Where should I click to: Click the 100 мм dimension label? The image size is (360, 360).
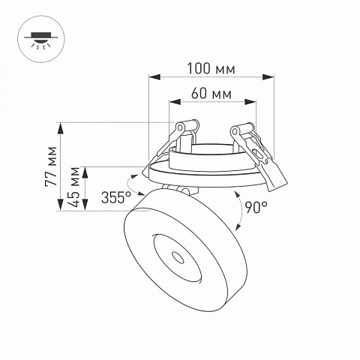point(211,68)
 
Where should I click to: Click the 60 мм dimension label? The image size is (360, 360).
point(211,94)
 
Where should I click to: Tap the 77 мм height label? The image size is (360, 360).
point(51,166)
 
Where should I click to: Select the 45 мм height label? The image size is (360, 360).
point(74,187)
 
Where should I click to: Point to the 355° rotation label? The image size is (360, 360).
point(116,197)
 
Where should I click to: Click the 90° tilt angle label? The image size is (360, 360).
point(256,207)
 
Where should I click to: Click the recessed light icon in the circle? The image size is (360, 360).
point(41,39)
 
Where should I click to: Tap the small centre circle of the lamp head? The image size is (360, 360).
point(178,258)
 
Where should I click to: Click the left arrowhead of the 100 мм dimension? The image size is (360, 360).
point(154,77)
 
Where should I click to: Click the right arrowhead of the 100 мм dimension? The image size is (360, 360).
point(268,77)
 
